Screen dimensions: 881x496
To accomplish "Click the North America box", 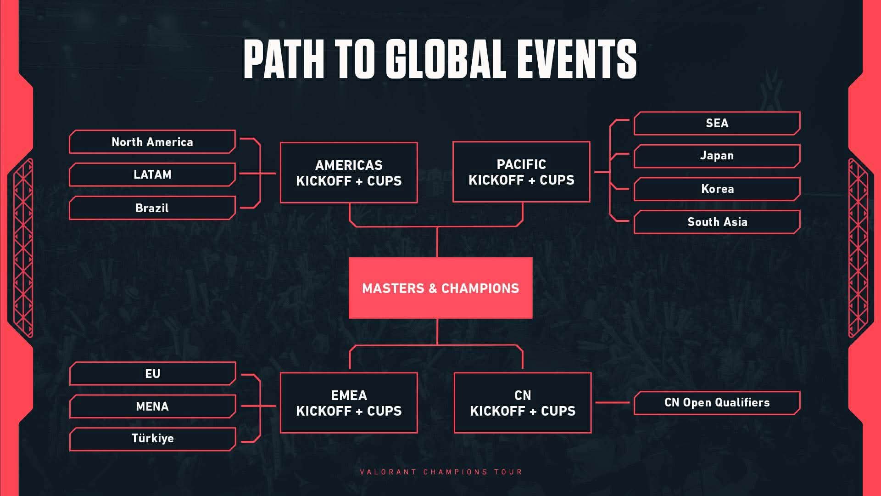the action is click(x=152, y=142).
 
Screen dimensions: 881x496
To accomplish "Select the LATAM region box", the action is click(x=152, y=175).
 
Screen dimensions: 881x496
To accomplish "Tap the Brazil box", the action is click(x=152, y=208).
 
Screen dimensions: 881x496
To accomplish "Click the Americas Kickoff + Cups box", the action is click(x=349, y=173).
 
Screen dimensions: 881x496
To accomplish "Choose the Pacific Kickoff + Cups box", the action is click(x=521, y=172).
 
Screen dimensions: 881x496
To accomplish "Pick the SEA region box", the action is click(x=717, y=123).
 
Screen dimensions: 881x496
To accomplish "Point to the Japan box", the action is click(x=717, y=156).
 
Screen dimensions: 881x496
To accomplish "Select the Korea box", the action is click(x=717, y=189).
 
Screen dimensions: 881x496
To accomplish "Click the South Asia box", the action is click(x=717, y=222).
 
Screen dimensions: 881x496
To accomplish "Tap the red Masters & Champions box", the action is click(x=440, y=288).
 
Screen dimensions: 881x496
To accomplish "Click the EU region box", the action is click(x=153, y=373).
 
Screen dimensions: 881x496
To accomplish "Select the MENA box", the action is click(x=153, y=406).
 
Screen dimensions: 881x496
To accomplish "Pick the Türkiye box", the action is click(x=153, y=439).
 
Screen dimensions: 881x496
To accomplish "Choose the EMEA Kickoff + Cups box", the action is click(x=349, y=403).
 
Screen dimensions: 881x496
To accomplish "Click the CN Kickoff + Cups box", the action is click(x=523, y=403).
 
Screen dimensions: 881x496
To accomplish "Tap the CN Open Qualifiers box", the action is click(x=717, y=403).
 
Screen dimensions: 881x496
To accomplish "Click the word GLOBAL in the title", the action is click(x=446, y=59).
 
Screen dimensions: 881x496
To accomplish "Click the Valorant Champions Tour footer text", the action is click(x=441, y=472).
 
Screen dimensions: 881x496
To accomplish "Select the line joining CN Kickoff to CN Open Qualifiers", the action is click(x=613, y=403).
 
